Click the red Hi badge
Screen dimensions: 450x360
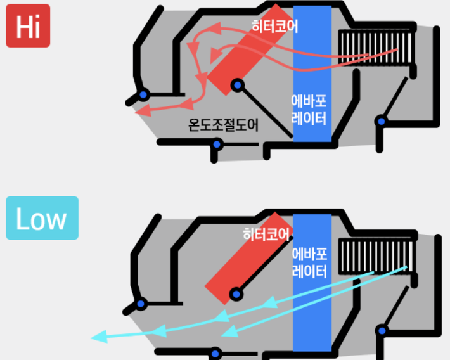point(27,26)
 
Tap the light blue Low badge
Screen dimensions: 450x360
point(42,218)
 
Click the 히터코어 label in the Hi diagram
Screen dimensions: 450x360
point(274,27)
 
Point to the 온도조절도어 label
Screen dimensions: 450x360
point(224,125)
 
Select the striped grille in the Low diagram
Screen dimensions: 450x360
point(376,255)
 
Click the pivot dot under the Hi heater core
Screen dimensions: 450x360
point(237,85)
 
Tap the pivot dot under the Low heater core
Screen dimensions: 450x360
point(236,293)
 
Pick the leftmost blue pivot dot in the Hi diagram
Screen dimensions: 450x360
point(143,95)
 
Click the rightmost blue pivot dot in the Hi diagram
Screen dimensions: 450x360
point(381,120)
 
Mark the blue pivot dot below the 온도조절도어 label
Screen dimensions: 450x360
point(217,145)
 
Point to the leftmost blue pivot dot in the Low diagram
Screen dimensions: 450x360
point(141,304)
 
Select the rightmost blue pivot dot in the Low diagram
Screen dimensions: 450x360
point(382,330)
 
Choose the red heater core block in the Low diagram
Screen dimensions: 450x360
point(244,266)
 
